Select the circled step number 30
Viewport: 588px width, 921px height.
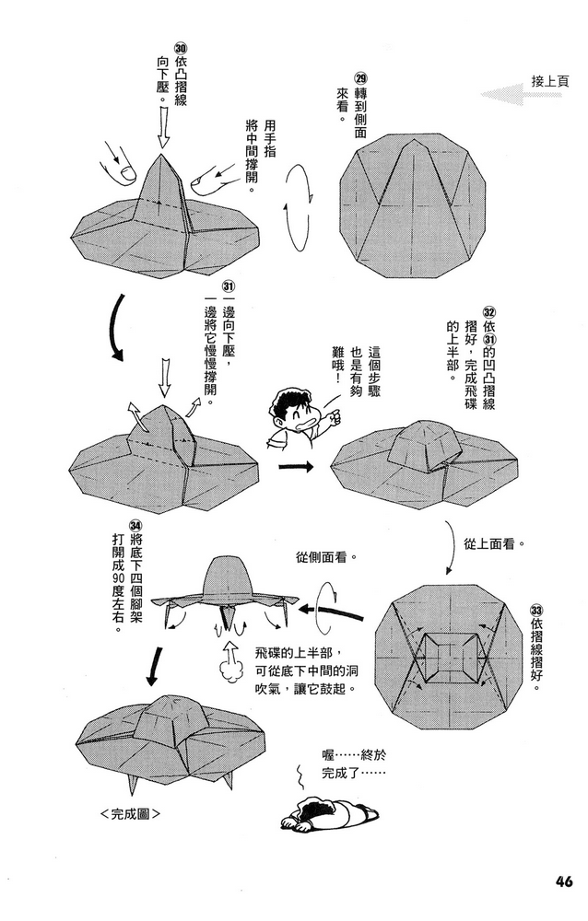click(x=180, y=52)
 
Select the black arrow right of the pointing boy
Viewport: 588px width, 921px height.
click(x=294, y=467)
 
